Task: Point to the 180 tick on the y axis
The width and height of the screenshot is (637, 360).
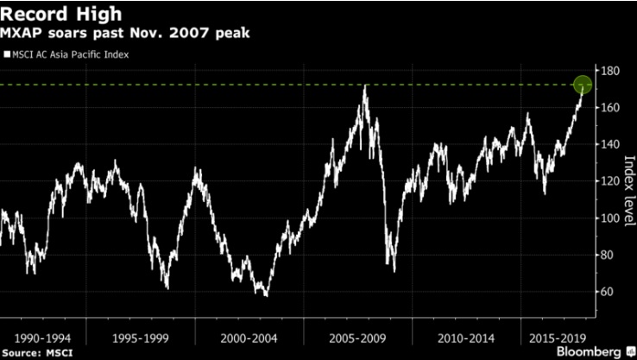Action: (x=612, y=71)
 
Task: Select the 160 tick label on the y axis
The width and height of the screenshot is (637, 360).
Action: (x=612, y=108)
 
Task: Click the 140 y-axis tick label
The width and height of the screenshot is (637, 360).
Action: (x=612, y=145)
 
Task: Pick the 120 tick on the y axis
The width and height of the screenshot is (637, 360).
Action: (x=612, y=181)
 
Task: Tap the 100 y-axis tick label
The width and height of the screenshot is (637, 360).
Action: (x=612, y=218)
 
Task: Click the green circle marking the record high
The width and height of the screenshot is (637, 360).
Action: (x=583, y=85)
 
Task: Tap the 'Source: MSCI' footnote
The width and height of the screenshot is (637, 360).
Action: (x=34, y=353)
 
